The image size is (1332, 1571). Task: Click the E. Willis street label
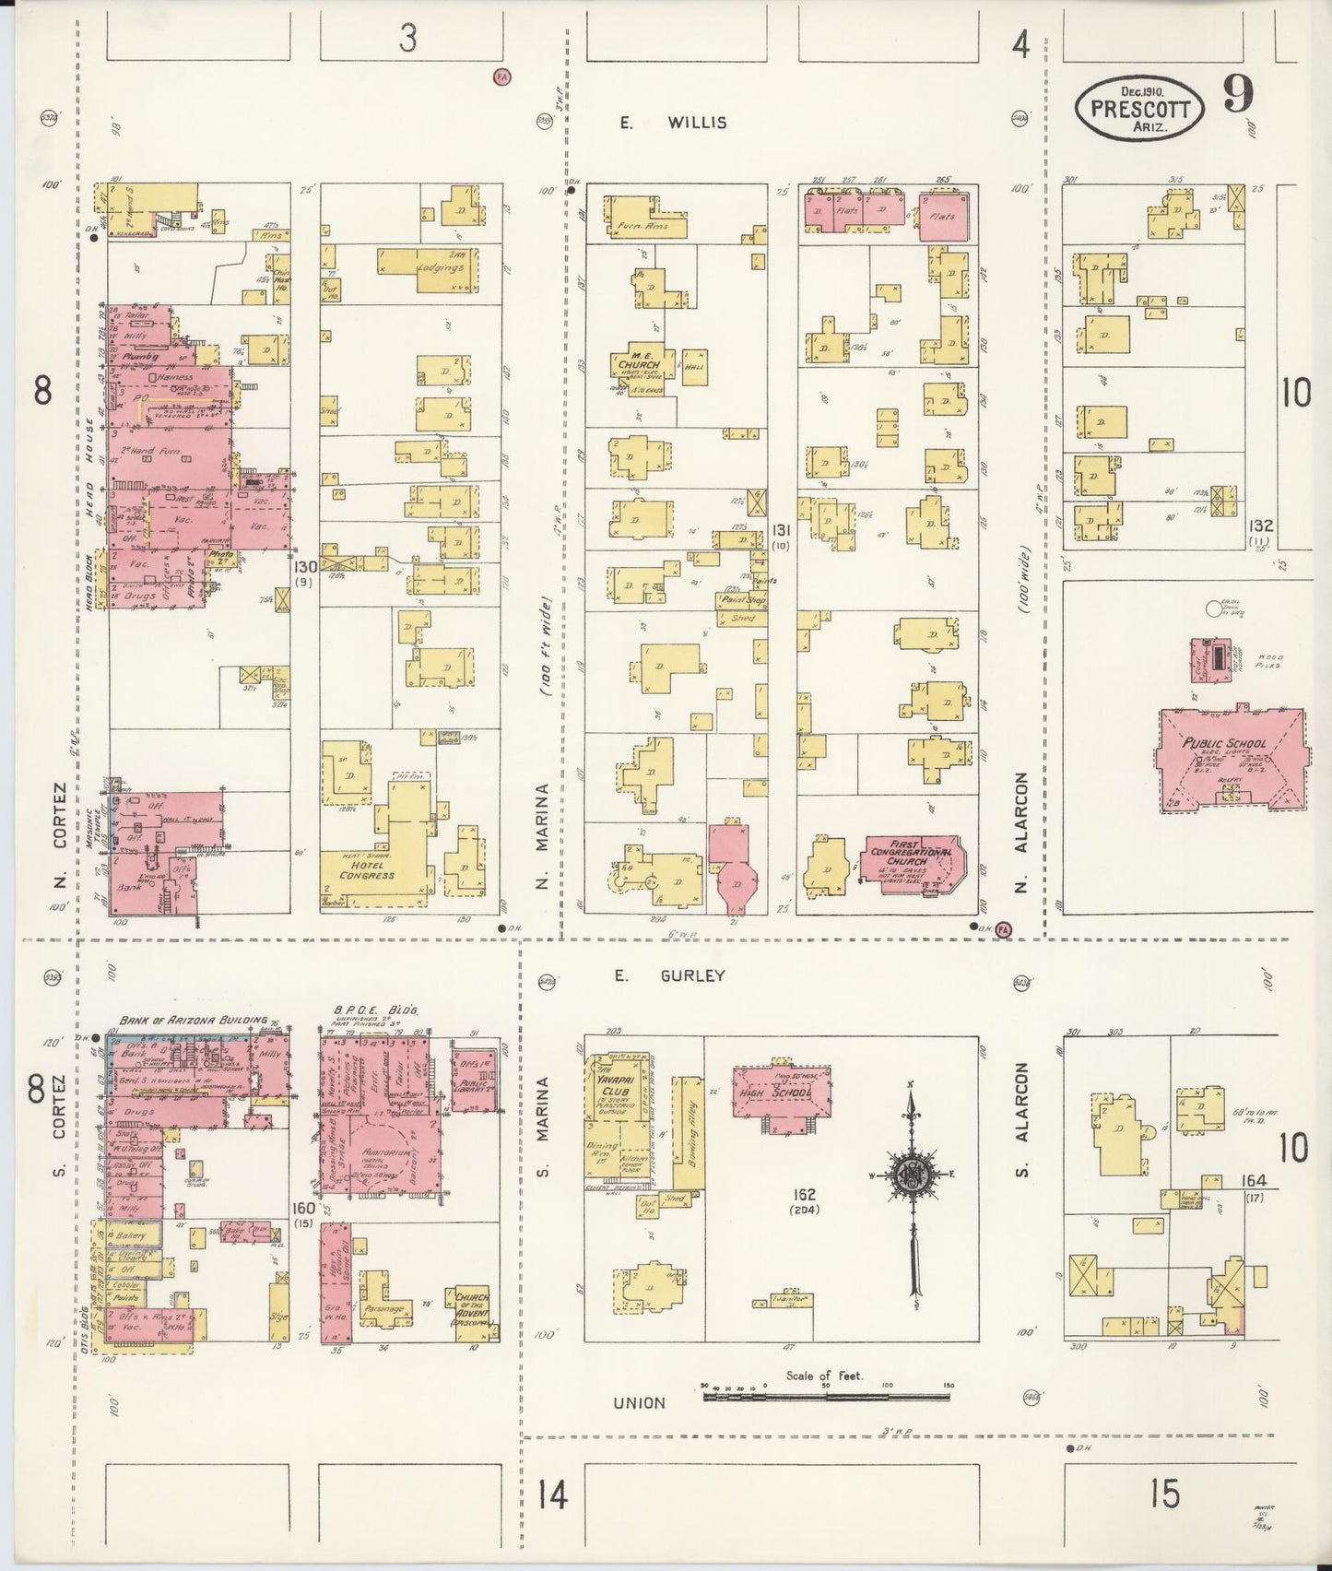tap(672, 122)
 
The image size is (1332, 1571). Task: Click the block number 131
tap(781, 530)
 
